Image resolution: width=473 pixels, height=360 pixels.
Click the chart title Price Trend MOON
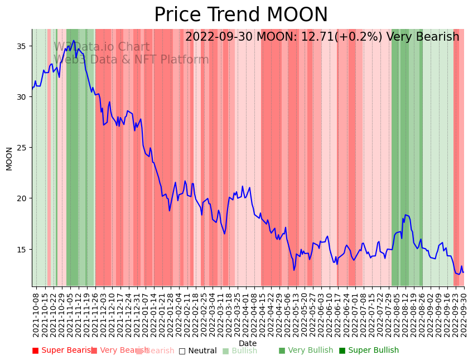241,15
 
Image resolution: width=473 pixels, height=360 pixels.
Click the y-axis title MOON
9,158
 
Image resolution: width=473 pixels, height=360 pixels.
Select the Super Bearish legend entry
62,351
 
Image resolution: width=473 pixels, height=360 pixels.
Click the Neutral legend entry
198,351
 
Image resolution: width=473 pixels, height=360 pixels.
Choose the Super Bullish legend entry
369,351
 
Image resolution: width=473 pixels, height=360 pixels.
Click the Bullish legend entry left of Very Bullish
240,351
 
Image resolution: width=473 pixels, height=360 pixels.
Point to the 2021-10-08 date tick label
36,313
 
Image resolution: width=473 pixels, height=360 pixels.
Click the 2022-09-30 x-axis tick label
464,313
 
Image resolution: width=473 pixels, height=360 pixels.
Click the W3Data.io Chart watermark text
102,47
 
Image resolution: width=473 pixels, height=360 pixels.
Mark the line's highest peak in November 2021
74,40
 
